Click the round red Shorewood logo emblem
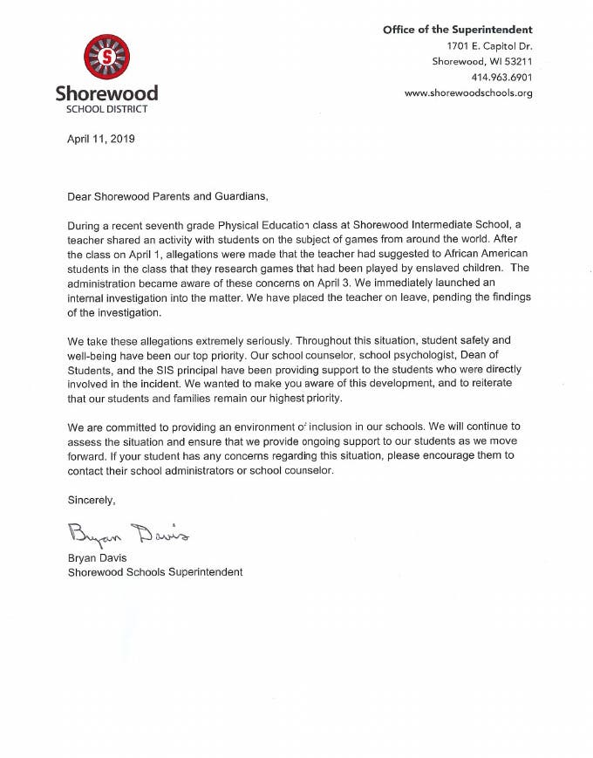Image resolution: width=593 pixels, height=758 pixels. tap(106, 58)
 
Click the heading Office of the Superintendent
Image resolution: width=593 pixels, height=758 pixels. tap(457, 31)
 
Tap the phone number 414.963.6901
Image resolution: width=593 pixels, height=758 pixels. tap(501, 78)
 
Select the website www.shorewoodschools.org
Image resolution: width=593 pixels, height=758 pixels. tap(468, 93)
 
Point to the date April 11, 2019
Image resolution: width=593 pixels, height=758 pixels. tap(101, 139)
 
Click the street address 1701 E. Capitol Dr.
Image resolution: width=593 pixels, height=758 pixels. tap(489, 46)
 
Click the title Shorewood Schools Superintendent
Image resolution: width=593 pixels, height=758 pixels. tap(154, 572)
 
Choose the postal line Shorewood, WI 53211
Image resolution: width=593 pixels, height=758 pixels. tap(482, 62)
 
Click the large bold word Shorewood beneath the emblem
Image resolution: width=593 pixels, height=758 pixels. tap(106, 93)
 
